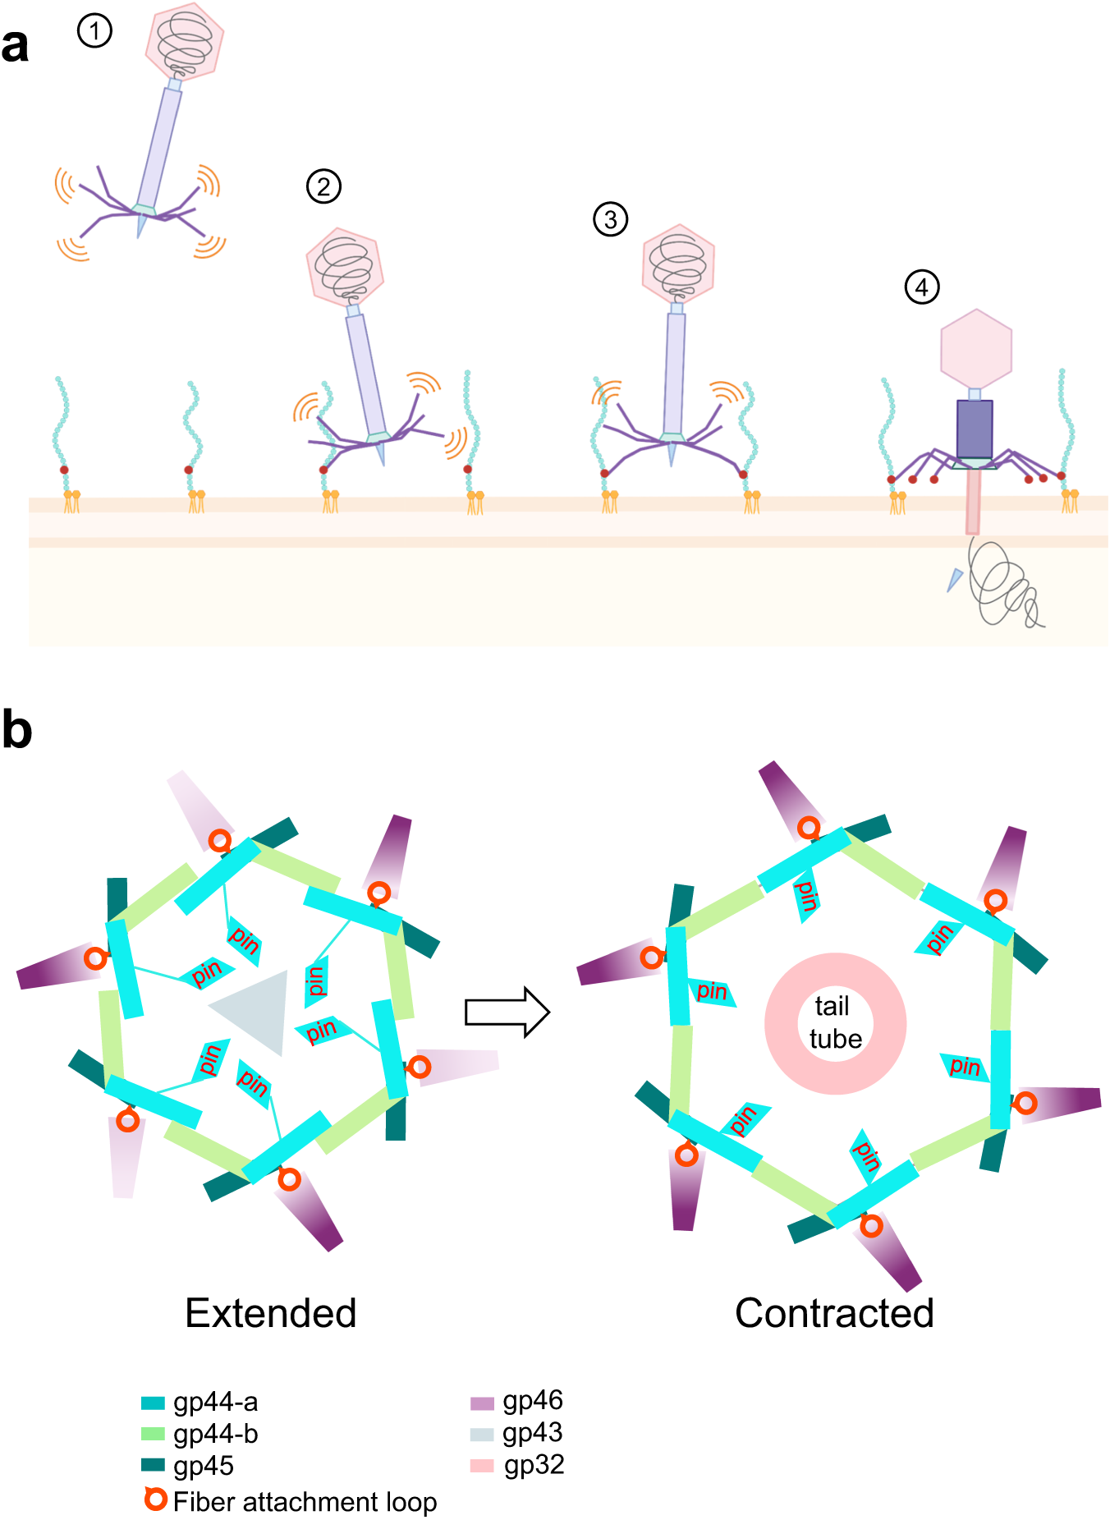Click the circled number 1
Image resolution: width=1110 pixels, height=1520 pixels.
[x=94, y=31]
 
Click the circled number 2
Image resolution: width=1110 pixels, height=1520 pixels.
[x=323, y=186]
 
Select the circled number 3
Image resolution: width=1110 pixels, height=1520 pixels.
[x=610, y=219]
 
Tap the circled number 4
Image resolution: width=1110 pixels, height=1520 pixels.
[x=921, y=287]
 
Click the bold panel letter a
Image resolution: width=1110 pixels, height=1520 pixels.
[x=15, y=45]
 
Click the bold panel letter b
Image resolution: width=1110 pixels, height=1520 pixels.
[x=16, y=729]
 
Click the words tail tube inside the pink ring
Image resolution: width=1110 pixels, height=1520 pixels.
[x=835, y=1022]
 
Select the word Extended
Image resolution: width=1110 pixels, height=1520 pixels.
[x=270, y=1312]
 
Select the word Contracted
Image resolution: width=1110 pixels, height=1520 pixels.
[x=834, y=1312]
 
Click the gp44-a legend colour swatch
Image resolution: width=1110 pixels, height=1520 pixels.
[x=154, y=1403]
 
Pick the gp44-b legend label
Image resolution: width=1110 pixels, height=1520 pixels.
[x=216, y=1434]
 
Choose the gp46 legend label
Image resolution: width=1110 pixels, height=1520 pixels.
[x=533, y=1400]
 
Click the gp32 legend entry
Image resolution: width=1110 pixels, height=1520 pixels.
[x=534, y=1465]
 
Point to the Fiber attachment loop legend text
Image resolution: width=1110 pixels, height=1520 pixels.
[x=305, y=1502]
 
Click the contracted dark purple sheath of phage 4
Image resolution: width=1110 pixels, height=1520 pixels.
[x=974, y=429]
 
